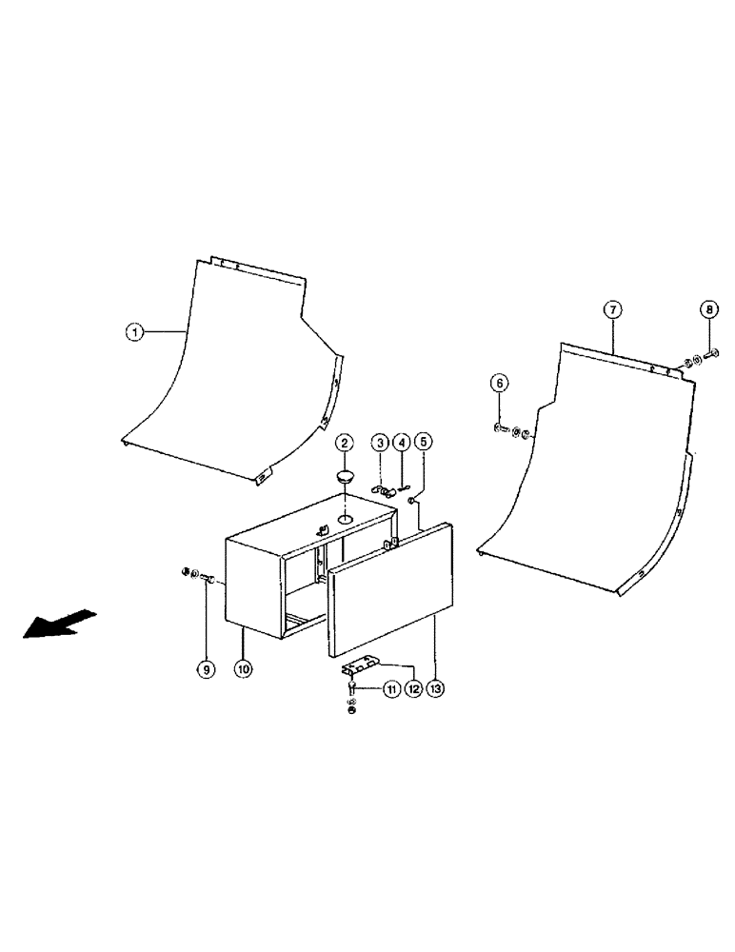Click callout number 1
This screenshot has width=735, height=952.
tap(136, 332)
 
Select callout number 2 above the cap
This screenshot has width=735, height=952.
tap(345, 443)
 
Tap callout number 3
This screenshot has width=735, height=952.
tap(379, 443)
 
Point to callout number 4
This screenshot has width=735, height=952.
tap(402, 443)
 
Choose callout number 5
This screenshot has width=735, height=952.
tap(424, 443)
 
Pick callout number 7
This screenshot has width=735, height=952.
tap(613, 309)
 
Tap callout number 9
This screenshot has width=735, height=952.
tap(206, 669)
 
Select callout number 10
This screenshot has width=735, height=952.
tap(244, 669)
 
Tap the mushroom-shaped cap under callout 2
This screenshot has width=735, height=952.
tap(345, 475)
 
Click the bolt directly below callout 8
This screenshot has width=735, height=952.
tap(712, 355)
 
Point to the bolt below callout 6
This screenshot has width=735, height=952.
tap(501, 430)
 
